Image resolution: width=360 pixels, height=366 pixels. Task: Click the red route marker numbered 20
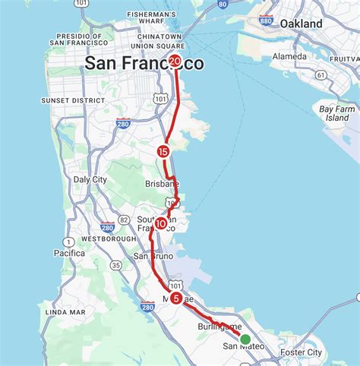pos(175,62)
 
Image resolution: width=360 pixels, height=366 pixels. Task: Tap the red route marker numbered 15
pos(163,152)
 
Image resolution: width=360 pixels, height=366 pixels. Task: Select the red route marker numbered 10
pos(161,223)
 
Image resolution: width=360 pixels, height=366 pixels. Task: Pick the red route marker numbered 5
pos(176,298)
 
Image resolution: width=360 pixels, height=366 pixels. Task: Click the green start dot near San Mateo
pos(245,339)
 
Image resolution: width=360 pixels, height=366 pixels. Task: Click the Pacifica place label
pos(70,253)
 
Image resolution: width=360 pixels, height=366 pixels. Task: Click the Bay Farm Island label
pos(337,113)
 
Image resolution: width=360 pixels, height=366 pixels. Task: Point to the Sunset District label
pos(66,99)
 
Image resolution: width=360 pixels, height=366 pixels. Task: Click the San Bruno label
pos(153,256)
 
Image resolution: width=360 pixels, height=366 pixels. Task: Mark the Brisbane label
pos(161,184)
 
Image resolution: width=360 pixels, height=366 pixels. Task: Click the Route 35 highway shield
pos(115,265)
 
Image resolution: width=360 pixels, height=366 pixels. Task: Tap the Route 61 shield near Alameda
pos(321,74)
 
